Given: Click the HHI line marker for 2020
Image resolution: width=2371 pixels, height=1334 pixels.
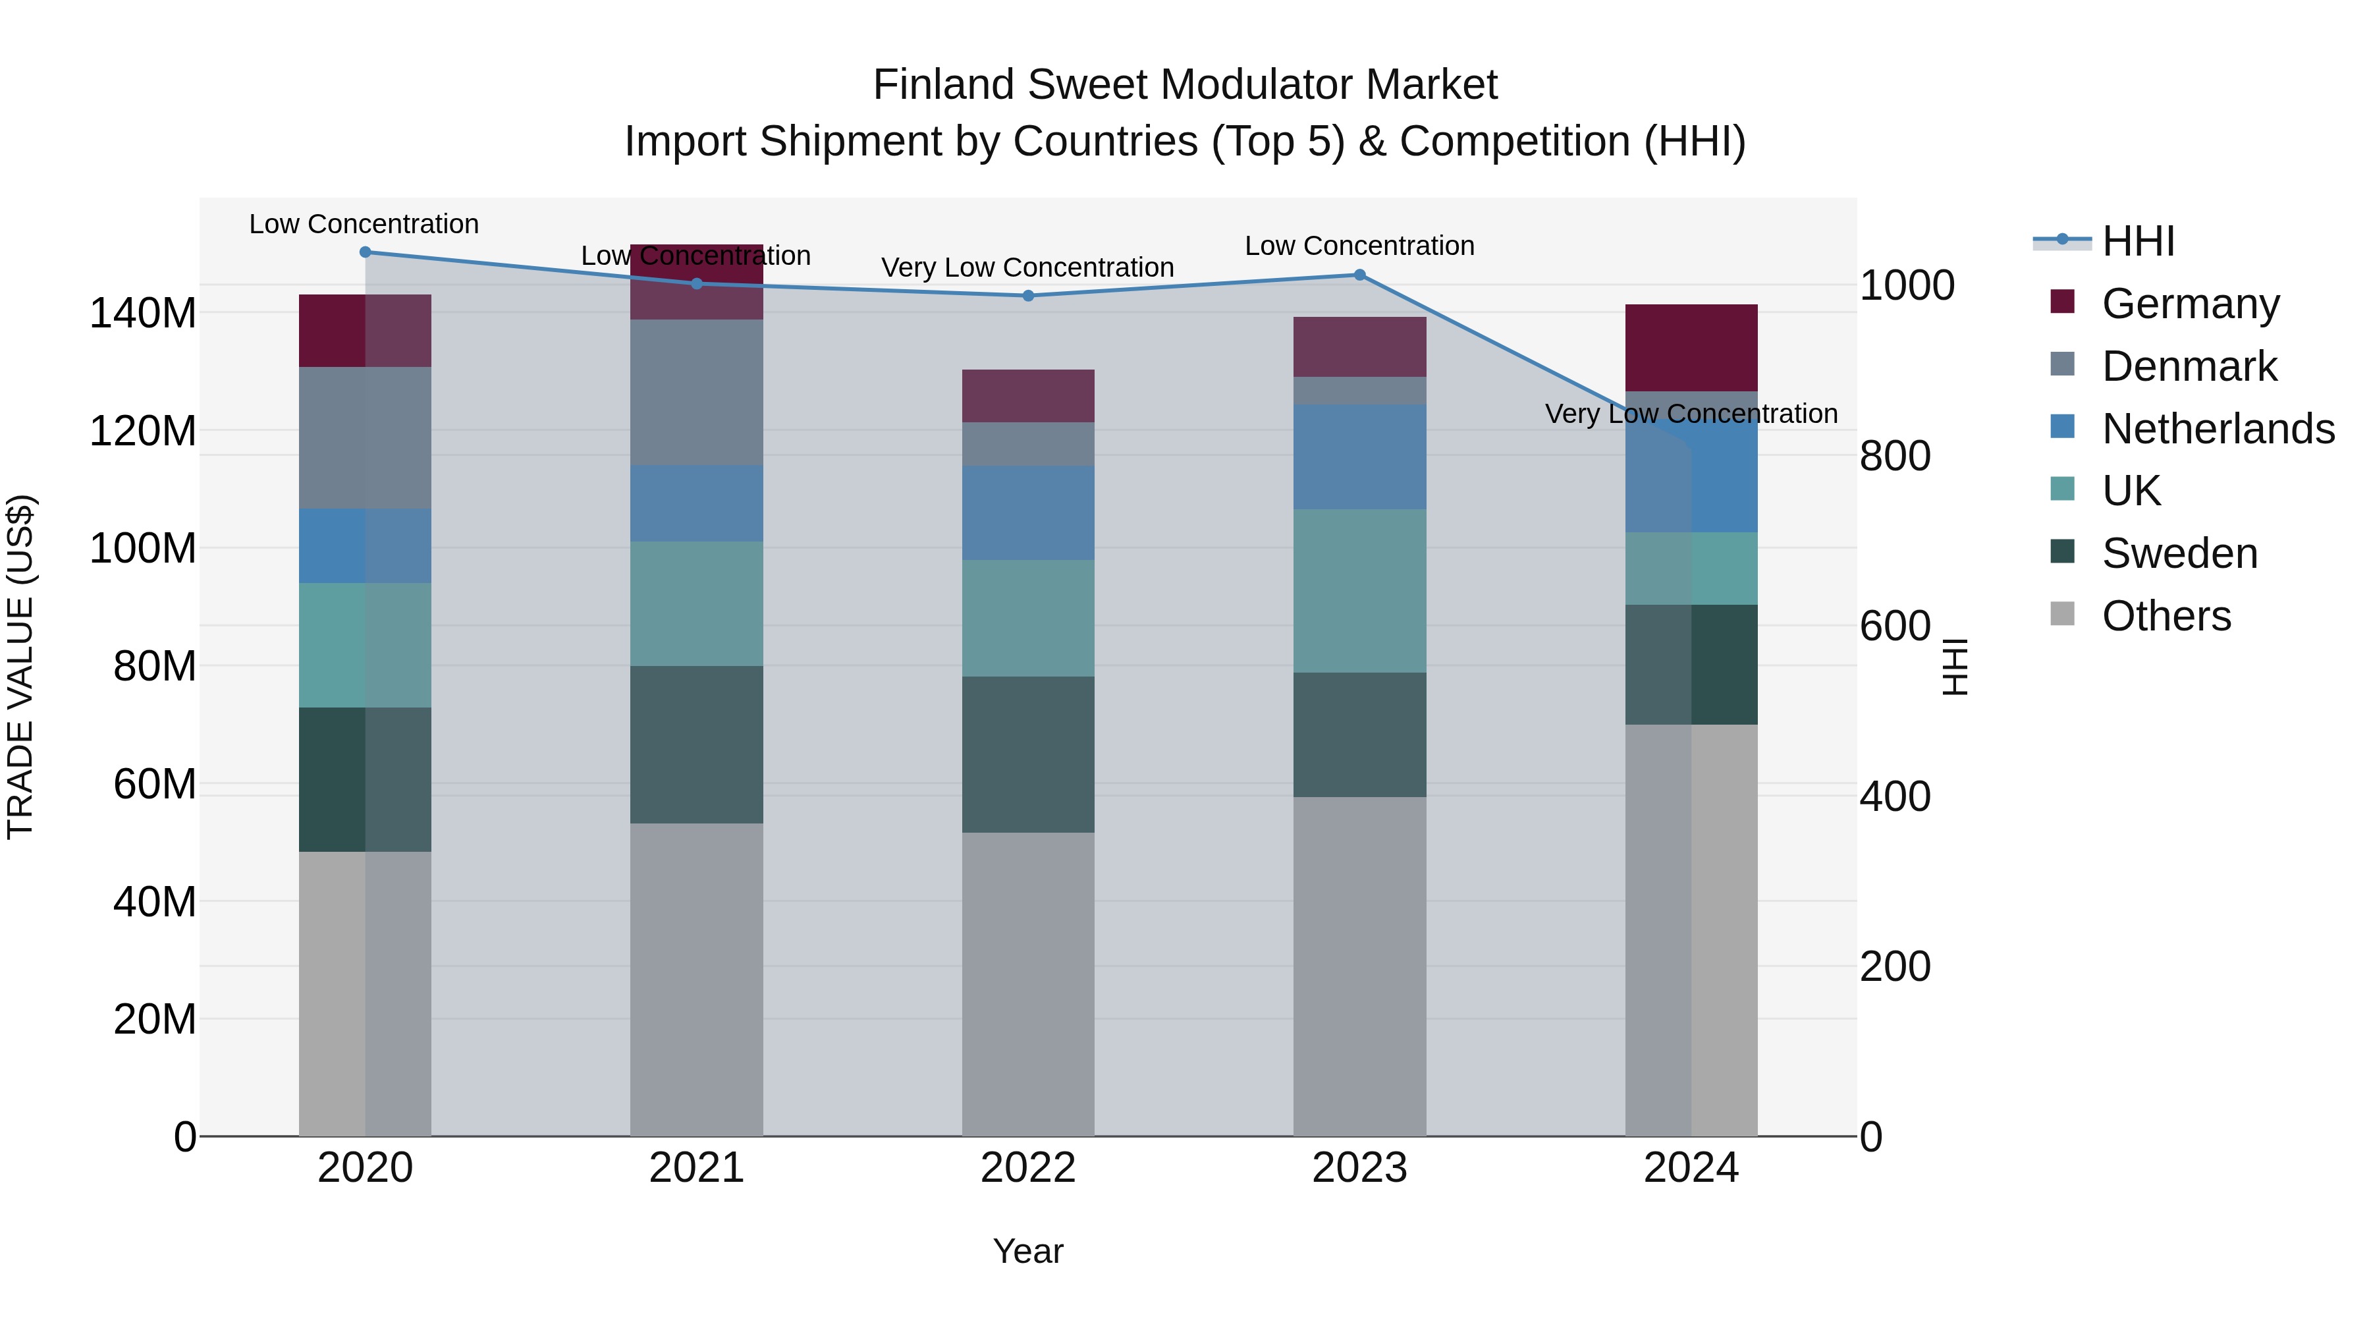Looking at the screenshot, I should click(x=366, y=252).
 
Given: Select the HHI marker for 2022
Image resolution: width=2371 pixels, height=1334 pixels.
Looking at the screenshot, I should click(x=1028, y=296).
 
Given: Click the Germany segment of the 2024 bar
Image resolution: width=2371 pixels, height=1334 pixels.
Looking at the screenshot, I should click(x=1691, y=348).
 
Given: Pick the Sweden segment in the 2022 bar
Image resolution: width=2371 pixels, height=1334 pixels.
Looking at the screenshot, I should click(x=1028, y=755).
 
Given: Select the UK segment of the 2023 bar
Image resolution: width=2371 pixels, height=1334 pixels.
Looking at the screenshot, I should click(x=1359, y=591).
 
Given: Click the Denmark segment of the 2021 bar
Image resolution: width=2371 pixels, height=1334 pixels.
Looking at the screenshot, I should click(x=697, y=393).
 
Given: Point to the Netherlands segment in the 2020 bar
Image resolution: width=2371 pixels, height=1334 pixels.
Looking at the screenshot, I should click(x=366, y=546).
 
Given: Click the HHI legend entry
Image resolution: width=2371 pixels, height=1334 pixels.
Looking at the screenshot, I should click(x=2138, y=241).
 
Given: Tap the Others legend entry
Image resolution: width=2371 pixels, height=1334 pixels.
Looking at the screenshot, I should click(x=2166, y=616).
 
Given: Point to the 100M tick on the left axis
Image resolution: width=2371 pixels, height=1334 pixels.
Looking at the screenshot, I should click(x=143, y=549).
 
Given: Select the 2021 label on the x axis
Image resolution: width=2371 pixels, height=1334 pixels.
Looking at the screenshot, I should click(x=697, y=1168).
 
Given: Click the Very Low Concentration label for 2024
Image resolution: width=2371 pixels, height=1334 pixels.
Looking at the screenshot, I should click(x=1691, y=414).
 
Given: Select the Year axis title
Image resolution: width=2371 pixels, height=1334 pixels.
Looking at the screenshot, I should click(x=1028, y=1251).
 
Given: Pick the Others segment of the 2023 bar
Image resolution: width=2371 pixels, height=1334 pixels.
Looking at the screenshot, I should click(x=1359, y=966).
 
